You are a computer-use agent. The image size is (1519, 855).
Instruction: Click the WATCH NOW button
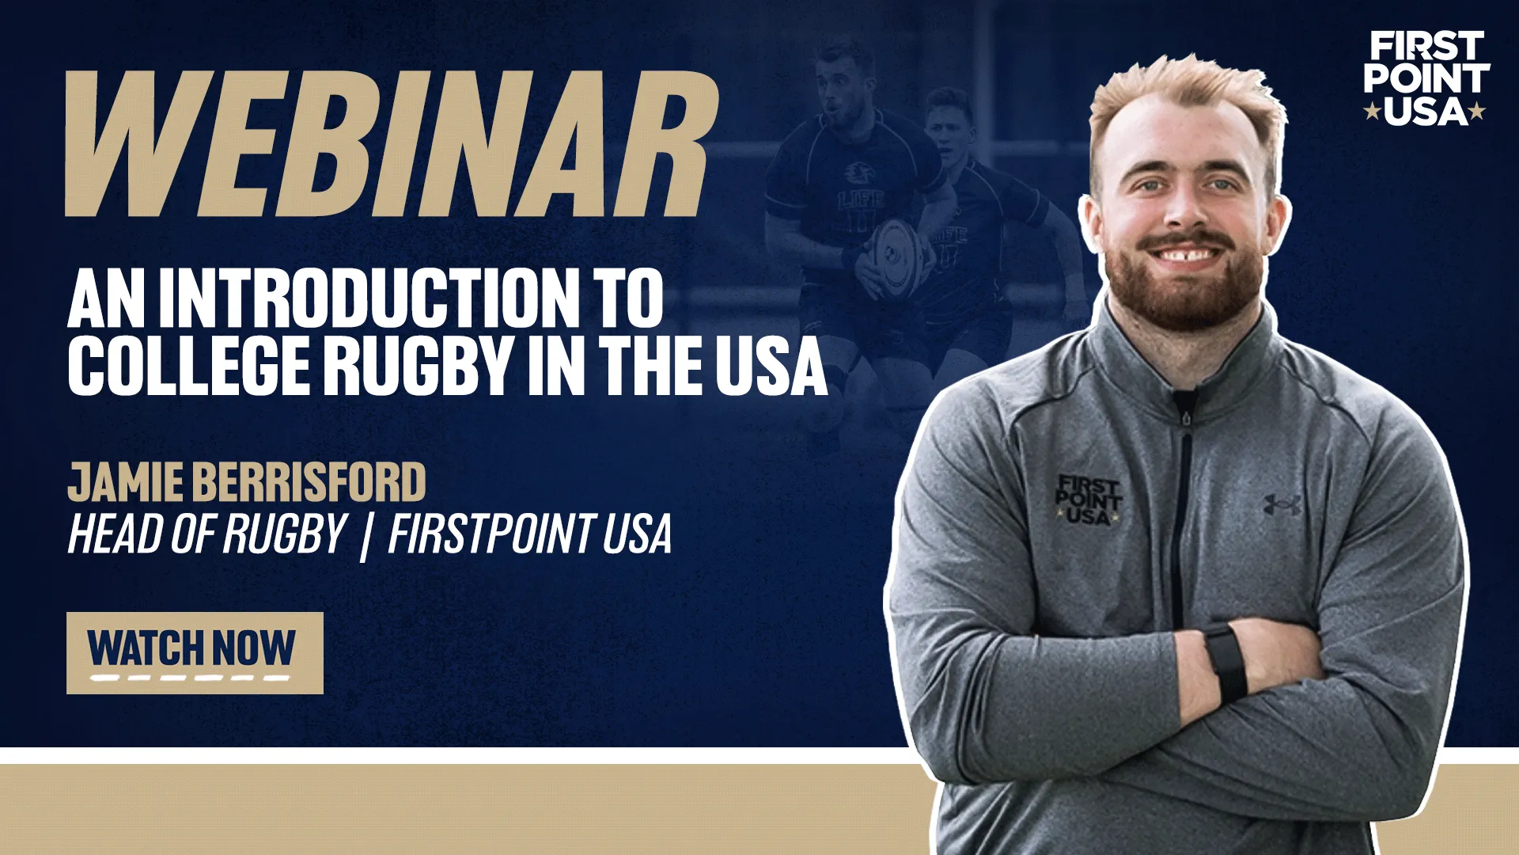(x=195, y=652)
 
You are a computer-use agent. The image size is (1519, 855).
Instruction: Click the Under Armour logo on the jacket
(x=1282, y=503)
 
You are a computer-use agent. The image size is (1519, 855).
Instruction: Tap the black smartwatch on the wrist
(x=1225, y=663)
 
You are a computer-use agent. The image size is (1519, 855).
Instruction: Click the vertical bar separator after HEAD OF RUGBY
(x=365, y=535)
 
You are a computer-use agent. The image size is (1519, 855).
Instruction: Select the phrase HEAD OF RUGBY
(x=207, y=534)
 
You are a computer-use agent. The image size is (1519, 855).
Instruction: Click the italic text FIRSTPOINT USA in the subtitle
(x=529, y=534)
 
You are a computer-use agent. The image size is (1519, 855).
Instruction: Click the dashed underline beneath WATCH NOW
(x=189, y=678)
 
